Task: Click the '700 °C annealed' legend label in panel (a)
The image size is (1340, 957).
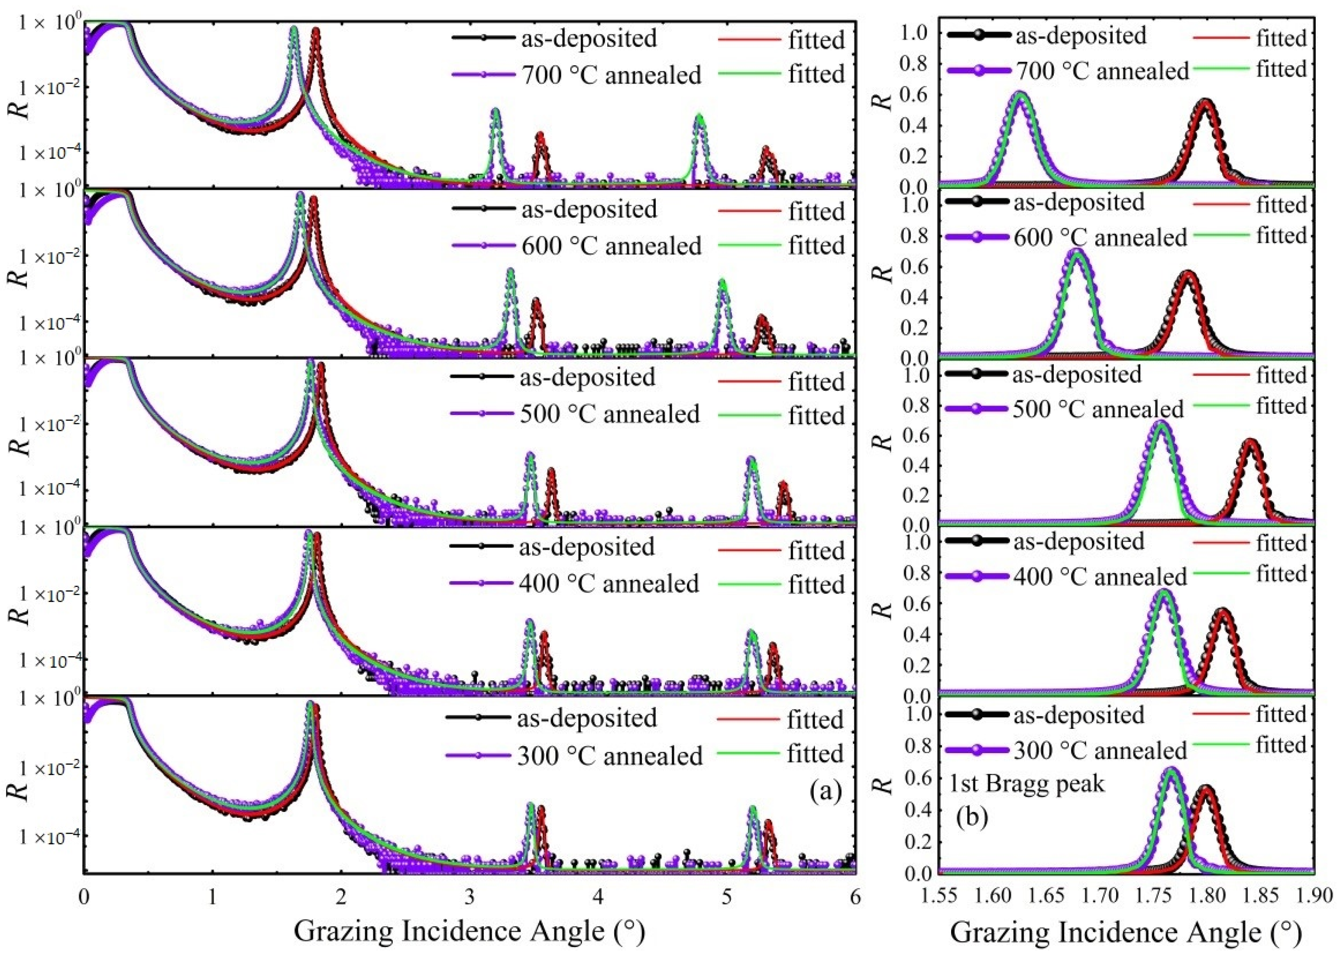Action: [612, 75]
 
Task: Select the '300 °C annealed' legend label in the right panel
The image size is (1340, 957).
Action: [1100, 750]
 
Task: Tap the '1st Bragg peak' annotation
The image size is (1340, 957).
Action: [1027, 784]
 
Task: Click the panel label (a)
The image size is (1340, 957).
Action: [825, 791]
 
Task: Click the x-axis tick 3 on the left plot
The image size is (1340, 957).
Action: [469, 897]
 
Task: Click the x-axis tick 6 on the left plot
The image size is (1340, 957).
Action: [855, 897]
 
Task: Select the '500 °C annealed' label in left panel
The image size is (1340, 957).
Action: [609, 414]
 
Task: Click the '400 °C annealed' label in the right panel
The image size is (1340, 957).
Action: [1100, 577]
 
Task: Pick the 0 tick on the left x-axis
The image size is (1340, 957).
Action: [84, 897]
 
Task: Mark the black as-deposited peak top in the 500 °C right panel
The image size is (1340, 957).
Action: [1249, 441]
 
